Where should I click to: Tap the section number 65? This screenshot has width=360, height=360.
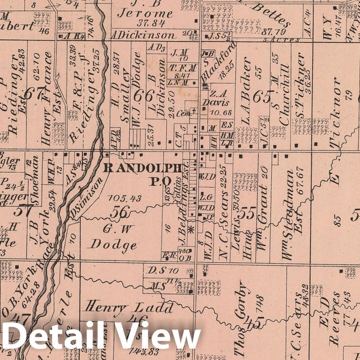262,96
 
